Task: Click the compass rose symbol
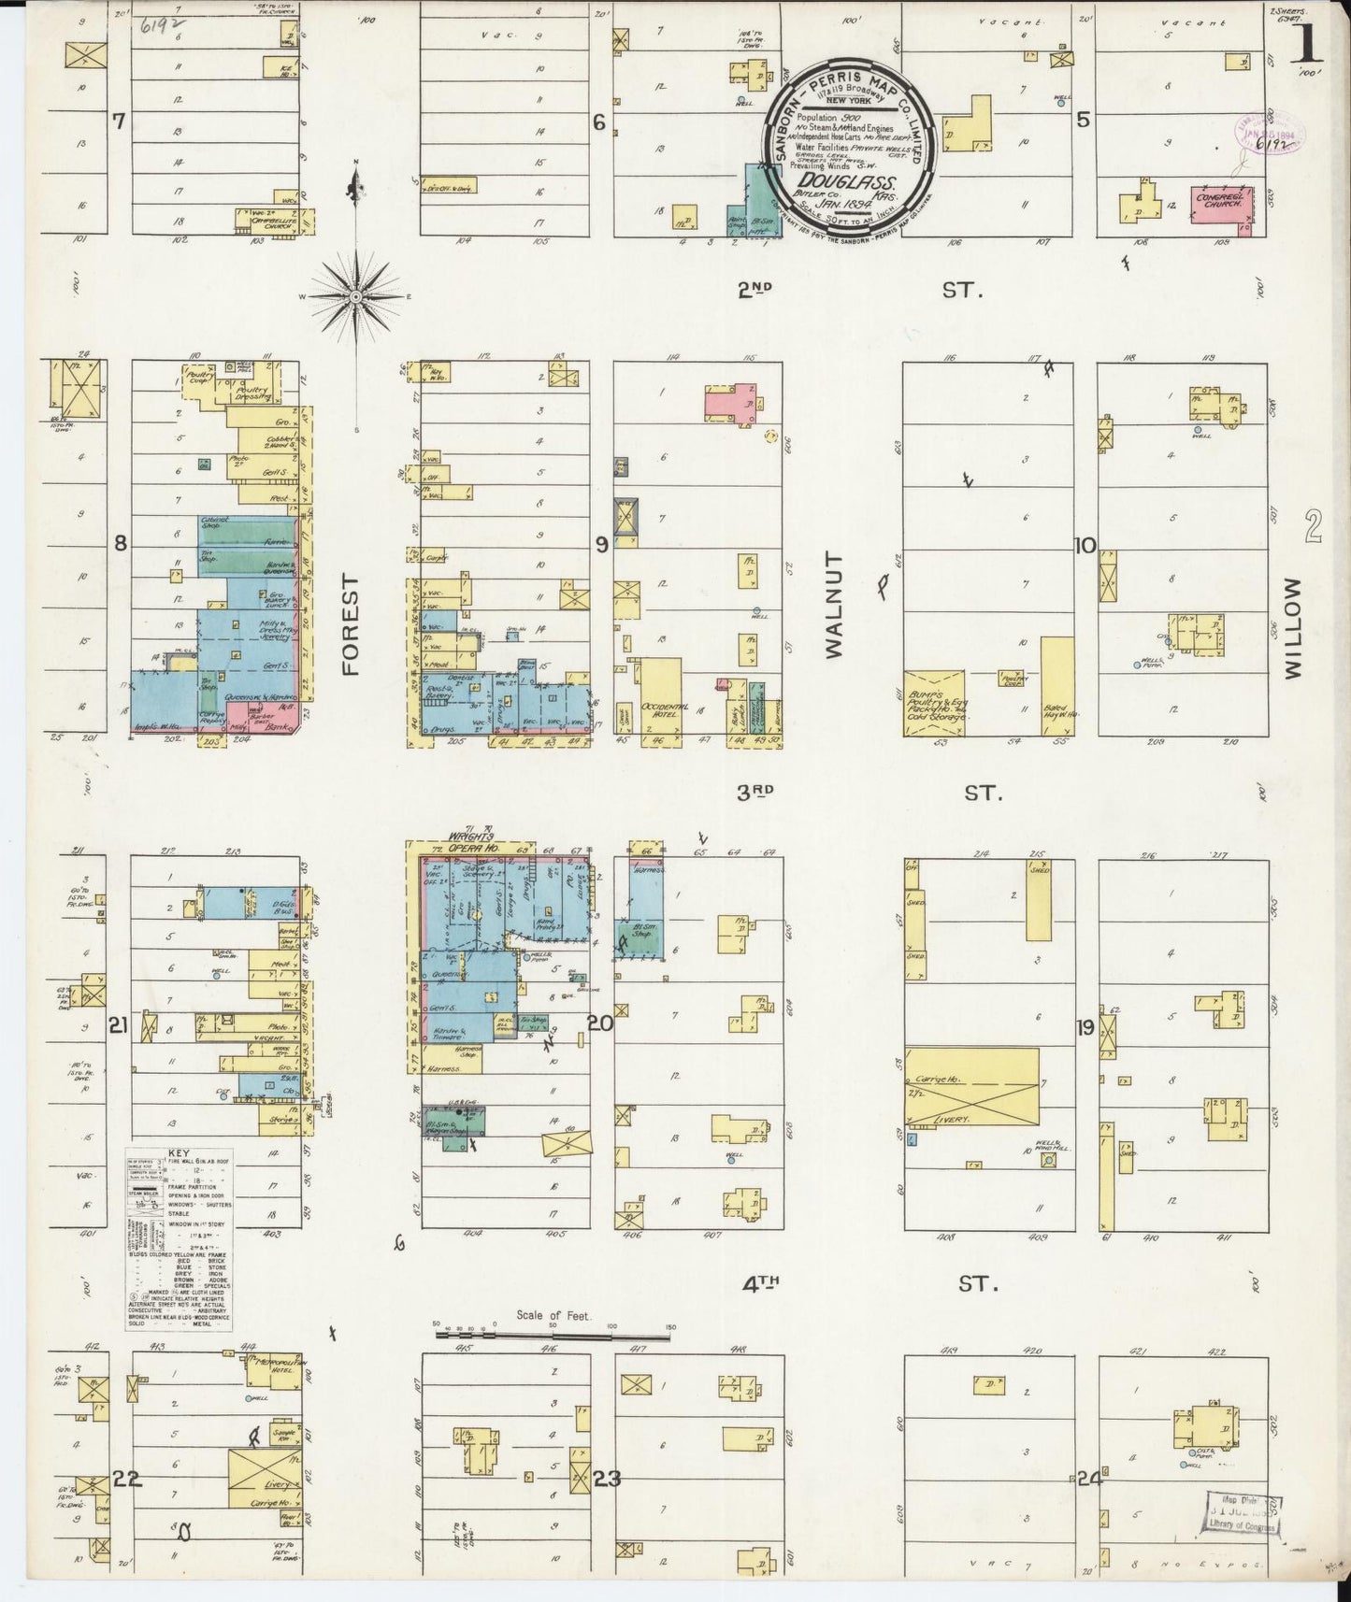pyautogui.click(x=356, y=296)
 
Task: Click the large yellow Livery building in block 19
pyautogui.click(x=971, y=1087)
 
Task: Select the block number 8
pyautogui.click(x=120, y=543)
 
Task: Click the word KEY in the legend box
pyautogui.click(x=179, y=1154)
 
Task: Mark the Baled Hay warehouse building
pyautogui.click(x=1056, y=686)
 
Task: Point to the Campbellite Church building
pyautogui.click(x=275, y=222)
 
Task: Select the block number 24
pyautogui.click(x=1087, y=1479)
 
